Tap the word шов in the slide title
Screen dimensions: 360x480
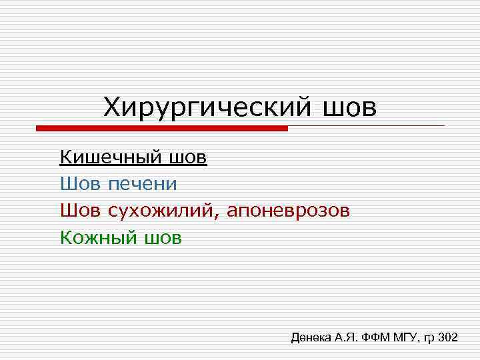point(349,107)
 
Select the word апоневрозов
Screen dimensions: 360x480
point(287,211)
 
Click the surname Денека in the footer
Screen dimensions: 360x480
point(311,338)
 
